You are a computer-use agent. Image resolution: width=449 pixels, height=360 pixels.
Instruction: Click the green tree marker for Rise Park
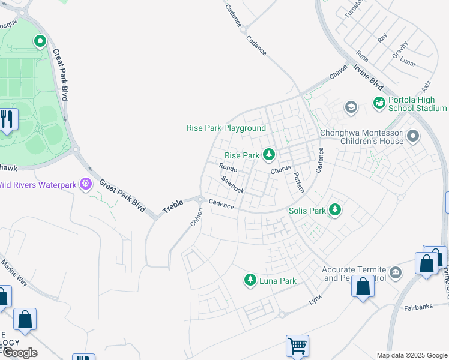pos(270,155)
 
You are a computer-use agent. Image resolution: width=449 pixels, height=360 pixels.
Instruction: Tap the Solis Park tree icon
pos(335,211)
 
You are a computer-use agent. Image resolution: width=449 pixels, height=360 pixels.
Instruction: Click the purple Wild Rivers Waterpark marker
pos(86,184)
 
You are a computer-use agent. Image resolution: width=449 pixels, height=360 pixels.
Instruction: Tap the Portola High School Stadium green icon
pos(379,103)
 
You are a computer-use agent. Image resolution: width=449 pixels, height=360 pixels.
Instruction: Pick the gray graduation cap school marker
pos(351,107)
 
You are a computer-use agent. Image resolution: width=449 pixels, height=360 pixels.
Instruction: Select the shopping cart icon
pos(297,346)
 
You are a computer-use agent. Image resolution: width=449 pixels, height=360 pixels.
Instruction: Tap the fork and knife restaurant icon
pos(7,119)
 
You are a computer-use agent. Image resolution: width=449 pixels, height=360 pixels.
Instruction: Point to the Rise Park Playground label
pos(226,128)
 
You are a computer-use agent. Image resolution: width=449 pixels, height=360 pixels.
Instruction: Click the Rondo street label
pos(228,168)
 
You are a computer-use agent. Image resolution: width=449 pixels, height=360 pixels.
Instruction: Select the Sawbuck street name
pos(232,185)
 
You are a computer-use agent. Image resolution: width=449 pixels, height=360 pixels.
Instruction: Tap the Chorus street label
pos(280,170)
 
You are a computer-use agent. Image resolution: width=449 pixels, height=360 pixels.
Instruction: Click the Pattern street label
pos(298,182)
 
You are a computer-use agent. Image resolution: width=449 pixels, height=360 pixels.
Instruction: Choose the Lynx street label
pos(315,298)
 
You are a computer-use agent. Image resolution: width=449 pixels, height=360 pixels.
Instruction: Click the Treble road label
pos(173,208)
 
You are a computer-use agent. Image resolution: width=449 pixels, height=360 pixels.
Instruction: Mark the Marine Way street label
pos(14,271)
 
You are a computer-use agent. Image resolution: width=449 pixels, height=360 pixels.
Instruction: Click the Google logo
pos(19,352)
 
